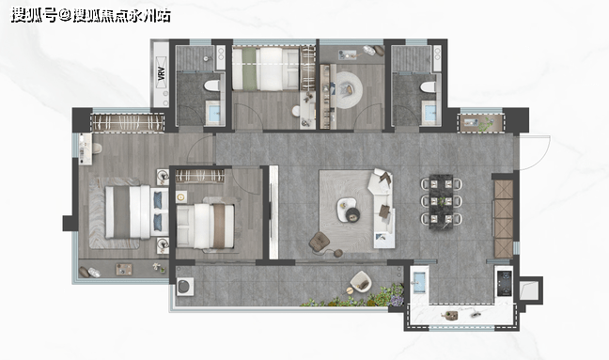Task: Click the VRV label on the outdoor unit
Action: pos(162,74)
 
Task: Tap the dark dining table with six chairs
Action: pos(441,201)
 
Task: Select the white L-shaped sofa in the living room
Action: pos(383,208)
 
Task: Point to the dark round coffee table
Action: pos(353,214)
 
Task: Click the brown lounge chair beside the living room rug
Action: pos(320,242)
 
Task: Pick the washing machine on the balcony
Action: pos(185,286)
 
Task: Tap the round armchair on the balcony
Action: pos(361,282)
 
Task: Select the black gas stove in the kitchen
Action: pos(505,283)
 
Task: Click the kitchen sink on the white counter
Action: pos(419,282)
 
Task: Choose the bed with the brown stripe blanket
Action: pos(206,227)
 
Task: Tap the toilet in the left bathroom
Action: pos(212,86)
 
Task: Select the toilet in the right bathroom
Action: pos(429,86)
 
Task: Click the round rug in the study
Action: pos(349,90)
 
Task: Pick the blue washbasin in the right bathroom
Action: pos(429,112)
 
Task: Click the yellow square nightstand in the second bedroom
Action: pos(181,196)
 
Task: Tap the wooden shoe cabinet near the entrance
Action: pos(504,218)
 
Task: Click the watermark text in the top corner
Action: pos(90,16)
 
